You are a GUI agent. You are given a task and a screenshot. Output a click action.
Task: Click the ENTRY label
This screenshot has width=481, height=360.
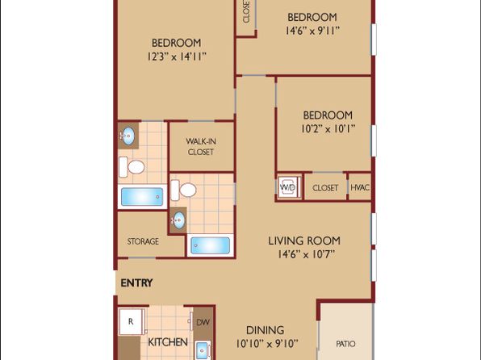pos(136,283)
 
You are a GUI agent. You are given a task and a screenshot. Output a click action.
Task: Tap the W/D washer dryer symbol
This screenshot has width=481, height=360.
pos(288,187)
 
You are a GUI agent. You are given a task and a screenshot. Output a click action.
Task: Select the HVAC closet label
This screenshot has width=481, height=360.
pos(360,187)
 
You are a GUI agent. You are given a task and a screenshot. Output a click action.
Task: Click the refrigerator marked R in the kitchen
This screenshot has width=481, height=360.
pos(132,321)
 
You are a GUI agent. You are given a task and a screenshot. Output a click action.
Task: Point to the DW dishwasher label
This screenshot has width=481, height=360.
pos(203,322)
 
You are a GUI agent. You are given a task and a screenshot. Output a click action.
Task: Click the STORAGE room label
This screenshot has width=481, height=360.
pos(143,241)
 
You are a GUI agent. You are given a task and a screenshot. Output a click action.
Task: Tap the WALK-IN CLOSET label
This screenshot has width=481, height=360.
pos(201,147)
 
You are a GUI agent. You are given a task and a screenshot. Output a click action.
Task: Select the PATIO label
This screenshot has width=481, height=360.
pos(345,344)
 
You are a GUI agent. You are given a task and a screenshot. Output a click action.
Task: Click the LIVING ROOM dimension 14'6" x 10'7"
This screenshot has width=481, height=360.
pos(306,254)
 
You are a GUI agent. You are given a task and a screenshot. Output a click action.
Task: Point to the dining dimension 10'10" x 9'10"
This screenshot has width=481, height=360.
pos(267,343)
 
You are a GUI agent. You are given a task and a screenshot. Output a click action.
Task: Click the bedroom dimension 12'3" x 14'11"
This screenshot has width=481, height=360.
pos(177,57)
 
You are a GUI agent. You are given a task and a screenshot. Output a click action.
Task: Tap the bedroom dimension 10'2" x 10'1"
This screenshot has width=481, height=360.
pos(328,129)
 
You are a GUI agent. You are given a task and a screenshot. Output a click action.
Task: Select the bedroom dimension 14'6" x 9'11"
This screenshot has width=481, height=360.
pos(312,31)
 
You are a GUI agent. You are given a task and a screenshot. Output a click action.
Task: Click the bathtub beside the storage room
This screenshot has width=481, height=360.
pos(142,197)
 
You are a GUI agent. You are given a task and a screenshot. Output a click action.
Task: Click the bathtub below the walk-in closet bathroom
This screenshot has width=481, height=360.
pos(210,246)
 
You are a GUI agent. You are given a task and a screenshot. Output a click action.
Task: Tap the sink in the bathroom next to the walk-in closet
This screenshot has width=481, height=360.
pos(128,136)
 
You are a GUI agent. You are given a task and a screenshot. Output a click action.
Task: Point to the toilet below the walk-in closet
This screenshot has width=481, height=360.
pos(183,190)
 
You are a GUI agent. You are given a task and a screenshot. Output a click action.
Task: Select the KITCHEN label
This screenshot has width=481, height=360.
pos(168,342)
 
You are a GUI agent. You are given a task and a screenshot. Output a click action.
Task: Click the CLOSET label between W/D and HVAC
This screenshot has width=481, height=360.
pos(325,188)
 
